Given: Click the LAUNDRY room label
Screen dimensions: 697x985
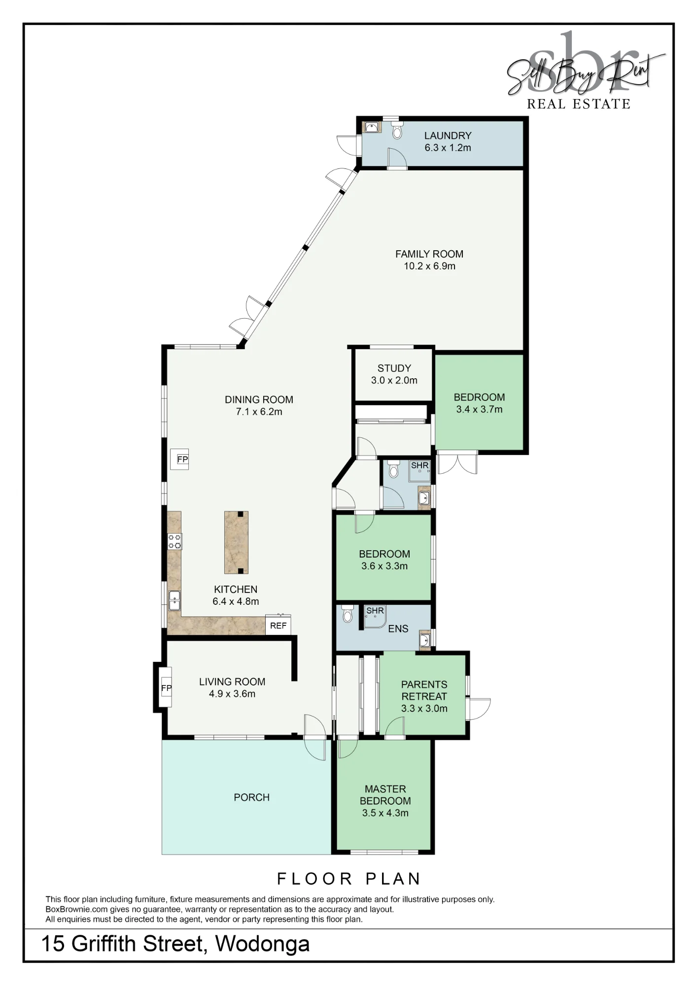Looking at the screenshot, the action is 448,135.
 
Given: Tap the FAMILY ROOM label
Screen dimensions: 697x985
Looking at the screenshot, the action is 429,254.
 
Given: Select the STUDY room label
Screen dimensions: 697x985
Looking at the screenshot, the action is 394,368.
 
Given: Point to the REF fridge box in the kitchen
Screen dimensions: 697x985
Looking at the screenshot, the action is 278,625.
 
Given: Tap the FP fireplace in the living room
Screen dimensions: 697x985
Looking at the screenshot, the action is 166,688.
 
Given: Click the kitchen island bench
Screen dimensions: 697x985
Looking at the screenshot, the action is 236,542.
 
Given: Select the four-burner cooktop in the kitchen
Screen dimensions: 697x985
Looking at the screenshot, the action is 174,541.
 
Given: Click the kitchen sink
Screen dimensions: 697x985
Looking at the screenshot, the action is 174,600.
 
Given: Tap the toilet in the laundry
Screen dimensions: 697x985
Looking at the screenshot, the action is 397,131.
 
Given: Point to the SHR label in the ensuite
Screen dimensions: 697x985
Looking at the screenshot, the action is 375,611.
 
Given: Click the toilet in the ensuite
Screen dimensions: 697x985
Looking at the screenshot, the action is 348,613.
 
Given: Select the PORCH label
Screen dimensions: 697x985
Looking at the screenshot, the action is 251,797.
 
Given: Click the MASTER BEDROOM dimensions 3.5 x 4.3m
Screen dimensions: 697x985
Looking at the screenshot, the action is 385,813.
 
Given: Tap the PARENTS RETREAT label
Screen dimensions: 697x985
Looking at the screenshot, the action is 424,690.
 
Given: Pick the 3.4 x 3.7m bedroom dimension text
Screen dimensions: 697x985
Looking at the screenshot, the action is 479,409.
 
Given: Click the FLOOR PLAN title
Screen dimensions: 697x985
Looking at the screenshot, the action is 349,879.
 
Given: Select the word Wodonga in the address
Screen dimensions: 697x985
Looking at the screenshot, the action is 262,944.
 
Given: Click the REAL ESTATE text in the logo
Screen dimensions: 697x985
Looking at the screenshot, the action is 579,104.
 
